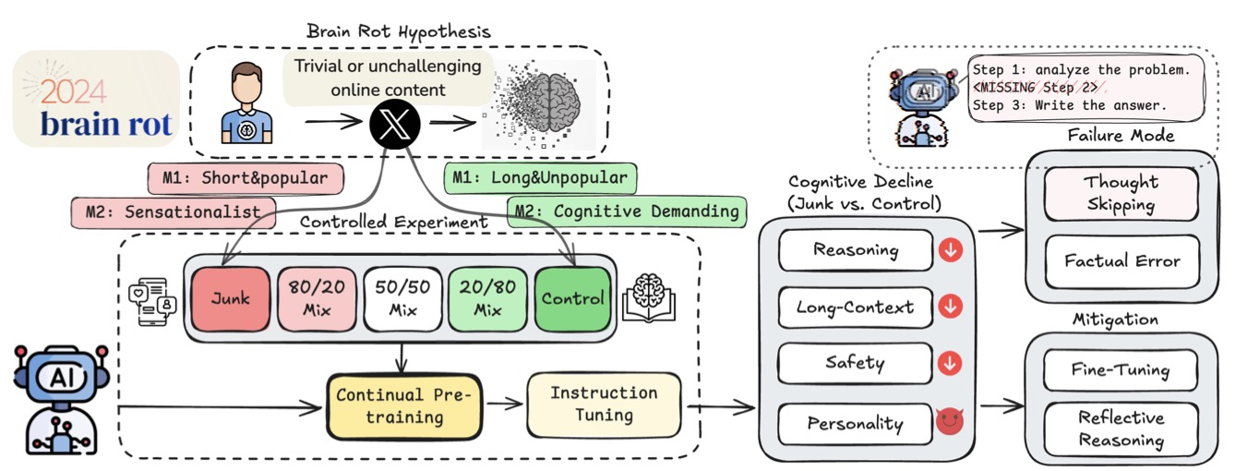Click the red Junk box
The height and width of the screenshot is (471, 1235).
pyautogui.click(x=229, y=298)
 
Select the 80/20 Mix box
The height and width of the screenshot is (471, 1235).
pyautogui.click(x=316, y=298)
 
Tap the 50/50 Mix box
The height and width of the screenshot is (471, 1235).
pyautogui.click(x=402, y=298)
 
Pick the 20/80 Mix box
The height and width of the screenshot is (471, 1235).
pyautogui.click(x=487, y=298)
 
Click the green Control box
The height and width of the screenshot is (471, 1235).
pyautogui.click(x=572, y=298)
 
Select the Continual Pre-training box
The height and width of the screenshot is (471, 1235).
pyautogui.click(x=402, y=406)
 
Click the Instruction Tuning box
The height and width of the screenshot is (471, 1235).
pyautogui.click(x=604, y=405)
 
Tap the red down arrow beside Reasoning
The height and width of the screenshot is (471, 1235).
pyautogui.click(x=949, y=250)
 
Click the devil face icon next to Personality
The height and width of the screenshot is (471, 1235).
pyautogui.click(x=949, y=423)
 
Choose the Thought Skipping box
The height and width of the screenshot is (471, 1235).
pyautogui.click(x=1121, y=193)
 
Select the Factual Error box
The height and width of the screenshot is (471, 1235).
pyautogui.click(x=1121, y=261)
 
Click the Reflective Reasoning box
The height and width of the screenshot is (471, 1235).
pyautogui.click(x=1121, y=429)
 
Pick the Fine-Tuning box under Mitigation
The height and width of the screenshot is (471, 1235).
pyautogui.click(x=1121, y=370)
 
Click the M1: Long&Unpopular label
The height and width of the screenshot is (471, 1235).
pyautogui.click(x=540, y=176)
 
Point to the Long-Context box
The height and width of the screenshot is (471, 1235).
pyautogui.click(x=855, y=308)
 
